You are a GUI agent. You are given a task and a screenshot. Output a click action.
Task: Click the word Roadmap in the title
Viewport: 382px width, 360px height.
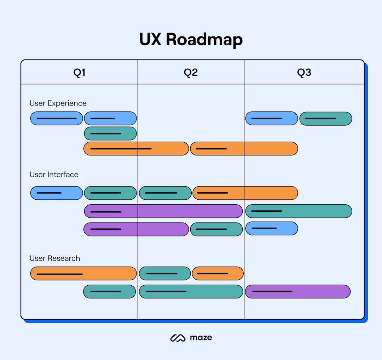(204, 39)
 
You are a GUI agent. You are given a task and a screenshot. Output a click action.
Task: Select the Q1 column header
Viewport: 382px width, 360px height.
(79, 73)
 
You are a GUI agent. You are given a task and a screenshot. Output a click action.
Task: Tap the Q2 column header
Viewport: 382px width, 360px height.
(191, 73)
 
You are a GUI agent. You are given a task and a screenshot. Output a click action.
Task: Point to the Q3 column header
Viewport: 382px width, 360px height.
(304, 73)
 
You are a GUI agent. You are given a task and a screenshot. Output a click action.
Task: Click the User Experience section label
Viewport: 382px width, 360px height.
(58, 103)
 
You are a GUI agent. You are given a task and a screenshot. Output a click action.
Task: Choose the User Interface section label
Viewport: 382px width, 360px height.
(54, 175)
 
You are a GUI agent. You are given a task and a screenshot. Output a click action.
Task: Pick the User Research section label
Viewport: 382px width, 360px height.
(55, 258)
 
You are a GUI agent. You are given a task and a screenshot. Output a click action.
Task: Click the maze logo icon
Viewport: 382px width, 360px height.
(178, 338)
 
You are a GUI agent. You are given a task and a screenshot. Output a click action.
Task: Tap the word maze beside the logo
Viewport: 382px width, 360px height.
(201, 338)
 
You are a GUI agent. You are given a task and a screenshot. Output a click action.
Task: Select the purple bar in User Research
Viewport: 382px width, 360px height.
(297, 292)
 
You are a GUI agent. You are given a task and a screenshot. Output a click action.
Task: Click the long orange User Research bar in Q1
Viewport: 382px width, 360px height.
(83, 274)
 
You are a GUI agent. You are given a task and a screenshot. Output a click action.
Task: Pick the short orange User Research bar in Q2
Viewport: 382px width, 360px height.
(218, 274)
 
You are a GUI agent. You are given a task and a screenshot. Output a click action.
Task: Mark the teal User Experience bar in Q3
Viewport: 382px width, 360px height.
(325, 119)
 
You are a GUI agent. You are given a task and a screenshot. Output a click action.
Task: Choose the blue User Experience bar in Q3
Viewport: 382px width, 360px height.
(272, 119)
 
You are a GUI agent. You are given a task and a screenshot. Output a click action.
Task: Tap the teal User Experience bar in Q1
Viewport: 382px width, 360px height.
(110, 133)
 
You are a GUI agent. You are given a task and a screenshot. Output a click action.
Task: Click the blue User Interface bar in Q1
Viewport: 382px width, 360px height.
(57, 193)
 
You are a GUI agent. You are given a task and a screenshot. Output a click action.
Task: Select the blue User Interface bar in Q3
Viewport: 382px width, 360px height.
(272, 228)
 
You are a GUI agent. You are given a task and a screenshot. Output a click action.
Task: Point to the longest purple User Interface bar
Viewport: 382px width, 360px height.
(163, 211)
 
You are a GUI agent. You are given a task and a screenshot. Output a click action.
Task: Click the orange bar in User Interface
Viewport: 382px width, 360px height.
(245, 193)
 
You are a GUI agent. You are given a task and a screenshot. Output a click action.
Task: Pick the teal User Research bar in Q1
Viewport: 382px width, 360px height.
(109, 292)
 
